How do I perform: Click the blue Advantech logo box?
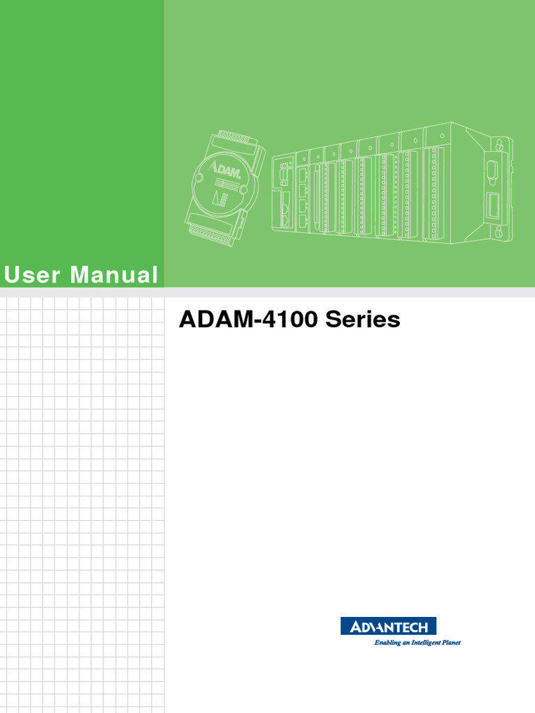[389, 626]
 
